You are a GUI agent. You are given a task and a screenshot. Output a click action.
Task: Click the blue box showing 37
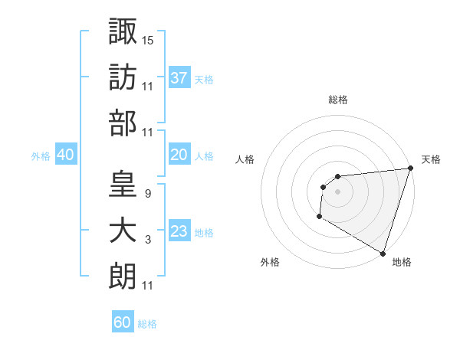coord(179,77)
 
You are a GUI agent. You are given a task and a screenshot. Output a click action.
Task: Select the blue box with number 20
coord(179,155)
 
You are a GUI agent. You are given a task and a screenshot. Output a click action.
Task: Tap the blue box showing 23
coord(179,231)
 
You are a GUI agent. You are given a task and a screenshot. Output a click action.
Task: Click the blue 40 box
coord(65,155)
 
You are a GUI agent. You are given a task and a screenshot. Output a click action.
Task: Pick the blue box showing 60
coord(123,322)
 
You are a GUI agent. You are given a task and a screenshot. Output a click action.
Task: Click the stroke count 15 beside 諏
coord(148,39)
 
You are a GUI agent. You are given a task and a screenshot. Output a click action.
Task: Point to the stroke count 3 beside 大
coord(147,240)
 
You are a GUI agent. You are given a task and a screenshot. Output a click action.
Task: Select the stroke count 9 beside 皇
coord(147,193)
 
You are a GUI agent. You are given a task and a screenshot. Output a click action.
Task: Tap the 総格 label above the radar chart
coord(337,100)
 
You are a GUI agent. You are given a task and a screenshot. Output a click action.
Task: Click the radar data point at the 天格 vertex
coord(410,169)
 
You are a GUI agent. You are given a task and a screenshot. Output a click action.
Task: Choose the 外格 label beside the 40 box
coord(40,155)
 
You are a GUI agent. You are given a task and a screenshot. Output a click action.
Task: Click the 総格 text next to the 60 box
coord(147,324)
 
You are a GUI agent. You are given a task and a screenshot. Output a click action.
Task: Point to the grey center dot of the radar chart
coord(337,191)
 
